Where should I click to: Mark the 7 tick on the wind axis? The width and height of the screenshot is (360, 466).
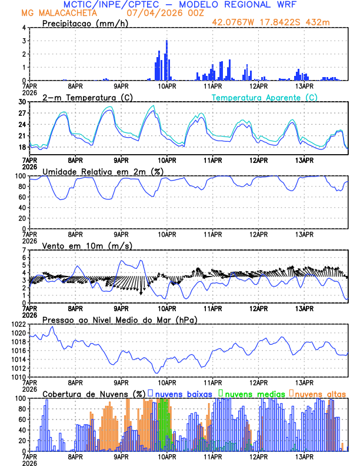(x=25, y=250)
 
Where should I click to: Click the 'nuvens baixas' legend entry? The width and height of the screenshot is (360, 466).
(x=183, y=394)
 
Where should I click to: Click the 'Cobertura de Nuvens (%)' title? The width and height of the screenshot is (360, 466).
(x=94, y=394)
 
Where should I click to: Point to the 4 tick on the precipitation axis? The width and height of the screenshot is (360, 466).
(x=25, y=28)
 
